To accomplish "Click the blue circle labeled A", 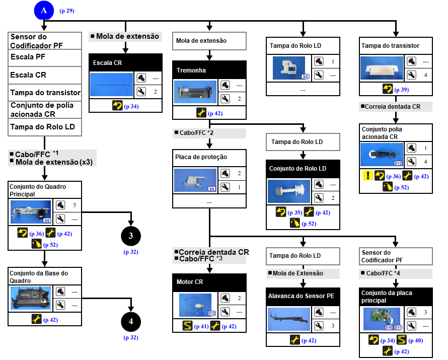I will pyautogui.click(x=44, y=10).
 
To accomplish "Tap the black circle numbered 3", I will pyautogui.click(x=130, y=236).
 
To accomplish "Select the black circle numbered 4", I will pyautogui.click(x=130, y=322).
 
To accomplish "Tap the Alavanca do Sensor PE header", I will pyautogui.click(x=303, y=296).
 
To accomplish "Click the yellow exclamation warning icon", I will pyautogui.click(x=367, y=176).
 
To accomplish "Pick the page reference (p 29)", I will pyautogui.click(x=67, y=11).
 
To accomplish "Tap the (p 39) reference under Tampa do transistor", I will pyautogui.click(x=402, y=90).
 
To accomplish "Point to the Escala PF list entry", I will pyautogui.click(x=45, y=57).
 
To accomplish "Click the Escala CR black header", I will pyautogui.click(x=125, y=63).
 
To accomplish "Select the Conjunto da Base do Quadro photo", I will pyautogui.click(x=31, y=299).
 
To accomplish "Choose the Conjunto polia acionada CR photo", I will pyautogui.click(x=382, y=155).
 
